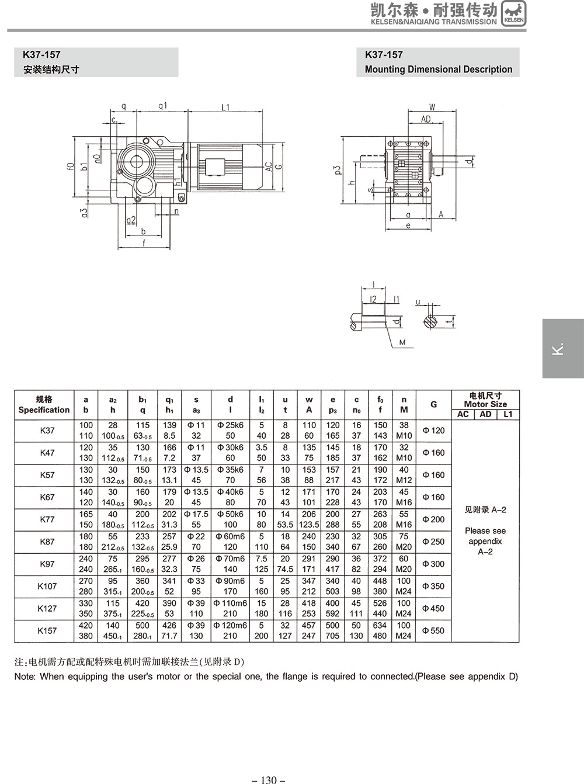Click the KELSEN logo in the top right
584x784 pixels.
513,13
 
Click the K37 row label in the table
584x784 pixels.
47,431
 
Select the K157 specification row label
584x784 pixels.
47,630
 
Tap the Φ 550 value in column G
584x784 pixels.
433,630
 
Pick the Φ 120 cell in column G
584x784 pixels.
433,431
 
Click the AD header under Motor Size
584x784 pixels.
485,414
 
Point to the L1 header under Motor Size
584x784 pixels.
507,414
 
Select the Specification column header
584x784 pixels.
44,405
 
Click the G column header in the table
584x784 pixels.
433,404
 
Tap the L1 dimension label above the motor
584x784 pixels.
226,107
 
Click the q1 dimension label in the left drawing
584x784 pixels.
163,106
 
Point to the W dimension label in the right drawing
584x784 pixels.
432,107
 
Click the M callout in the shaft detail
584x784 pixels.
402,342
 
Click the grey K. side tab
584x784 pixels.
562,348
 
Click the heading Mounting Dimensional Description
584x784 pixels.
438,70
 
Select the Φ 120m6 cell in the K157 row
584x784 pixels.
231,625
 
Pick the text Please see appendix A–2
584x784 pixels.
485,541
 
